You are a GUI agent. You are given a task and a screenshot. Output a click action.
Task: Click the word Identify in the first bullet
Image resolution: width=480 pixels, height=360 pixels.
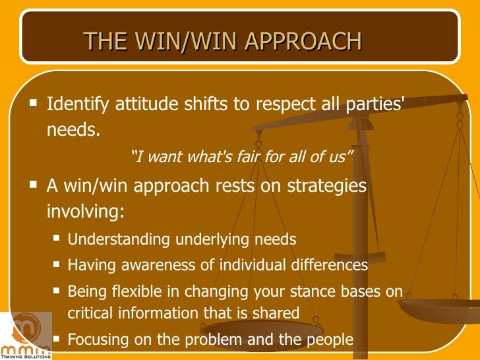coord(78,105)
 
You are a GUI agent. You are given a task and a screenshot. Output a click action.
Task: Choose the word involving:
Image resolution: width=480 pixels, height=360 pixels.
coord(85,212)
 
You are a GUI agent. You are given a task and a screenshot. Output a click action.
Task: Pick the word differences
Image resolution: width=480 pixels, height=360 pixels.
coord(328,265)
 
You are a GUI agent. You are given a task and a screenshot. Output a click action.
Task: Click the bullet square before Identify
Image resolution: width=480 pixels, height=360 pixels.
coord(34,104)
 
